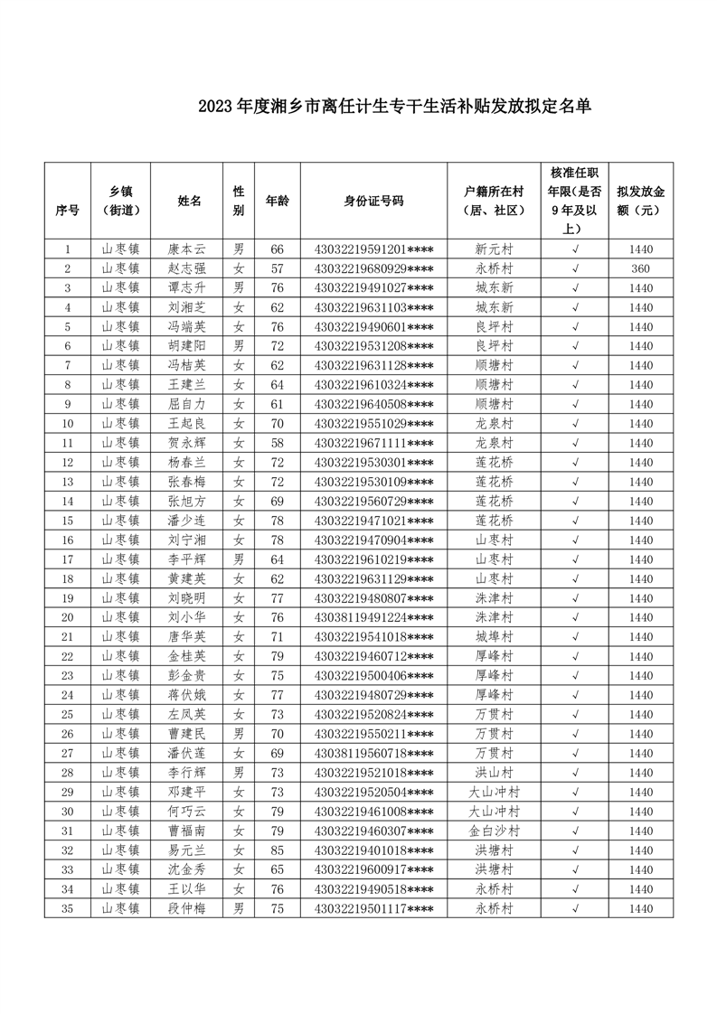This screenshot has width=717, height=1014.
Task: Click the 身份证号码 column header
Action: (x=373, y=201)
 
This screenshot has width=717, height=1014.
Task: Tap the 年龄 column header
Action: (x=277, y=201)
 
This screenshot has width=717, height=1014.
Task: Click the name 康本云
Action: (x=188, y=249)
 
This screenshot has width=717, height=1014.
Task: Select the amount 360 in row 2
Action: (x=641, y=268)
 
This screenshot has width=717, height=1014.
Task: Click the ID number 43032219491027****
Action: (x=373, y=288)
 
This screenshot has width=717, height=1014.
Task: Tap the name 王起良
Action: (x=188, y=424)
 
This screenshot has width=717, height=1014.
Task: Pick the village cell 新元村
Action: (x=495, y=249)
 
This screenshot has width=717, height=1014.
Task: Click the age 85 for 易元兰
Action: (x=277, y=850)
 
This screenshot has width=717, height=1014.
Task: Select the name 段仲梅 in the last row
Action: (x=188, y=908)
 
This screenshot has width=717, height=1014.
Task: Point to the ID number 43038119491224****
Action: (x=373, y=617)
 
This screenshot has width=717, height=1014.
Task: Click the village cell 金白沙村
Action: (x=495, y=831)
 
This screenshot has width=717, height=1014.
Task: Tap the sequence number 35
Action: (x=68, y=908)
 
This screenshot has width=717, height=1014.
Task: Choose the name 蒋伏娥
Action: (x=188, y=695)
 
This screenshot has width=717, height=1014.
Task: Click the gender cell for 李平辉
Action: (x=239, y=559)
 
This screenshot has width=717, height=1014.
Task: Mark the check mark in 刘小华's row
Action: (x=576, y=617)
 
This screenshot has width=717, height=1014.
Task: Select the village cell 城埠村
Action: (x=495, y=637)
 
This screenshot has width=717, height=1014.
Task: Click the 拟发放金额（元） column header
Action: (x=641, y=201)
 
